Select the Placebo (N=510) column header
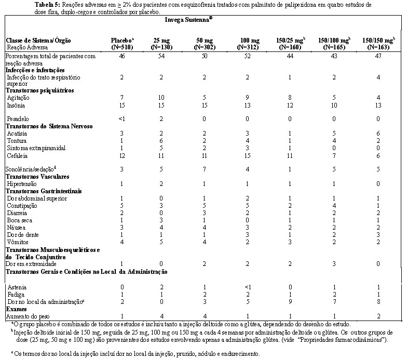point(123,43)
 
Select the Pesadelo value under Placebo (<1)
point(121,118)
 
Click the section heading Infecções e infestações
point(35,70)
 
